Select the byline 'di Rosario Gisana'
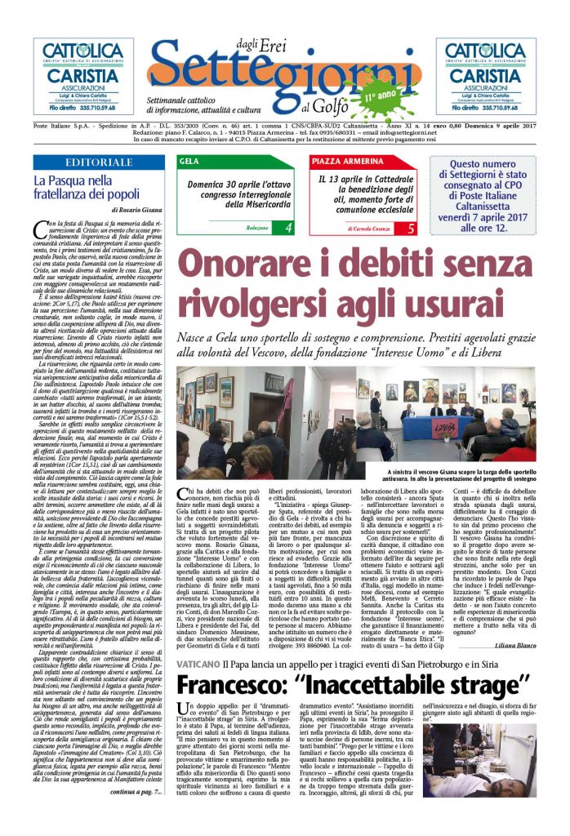pyautogui.click(x=134, y=210)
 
